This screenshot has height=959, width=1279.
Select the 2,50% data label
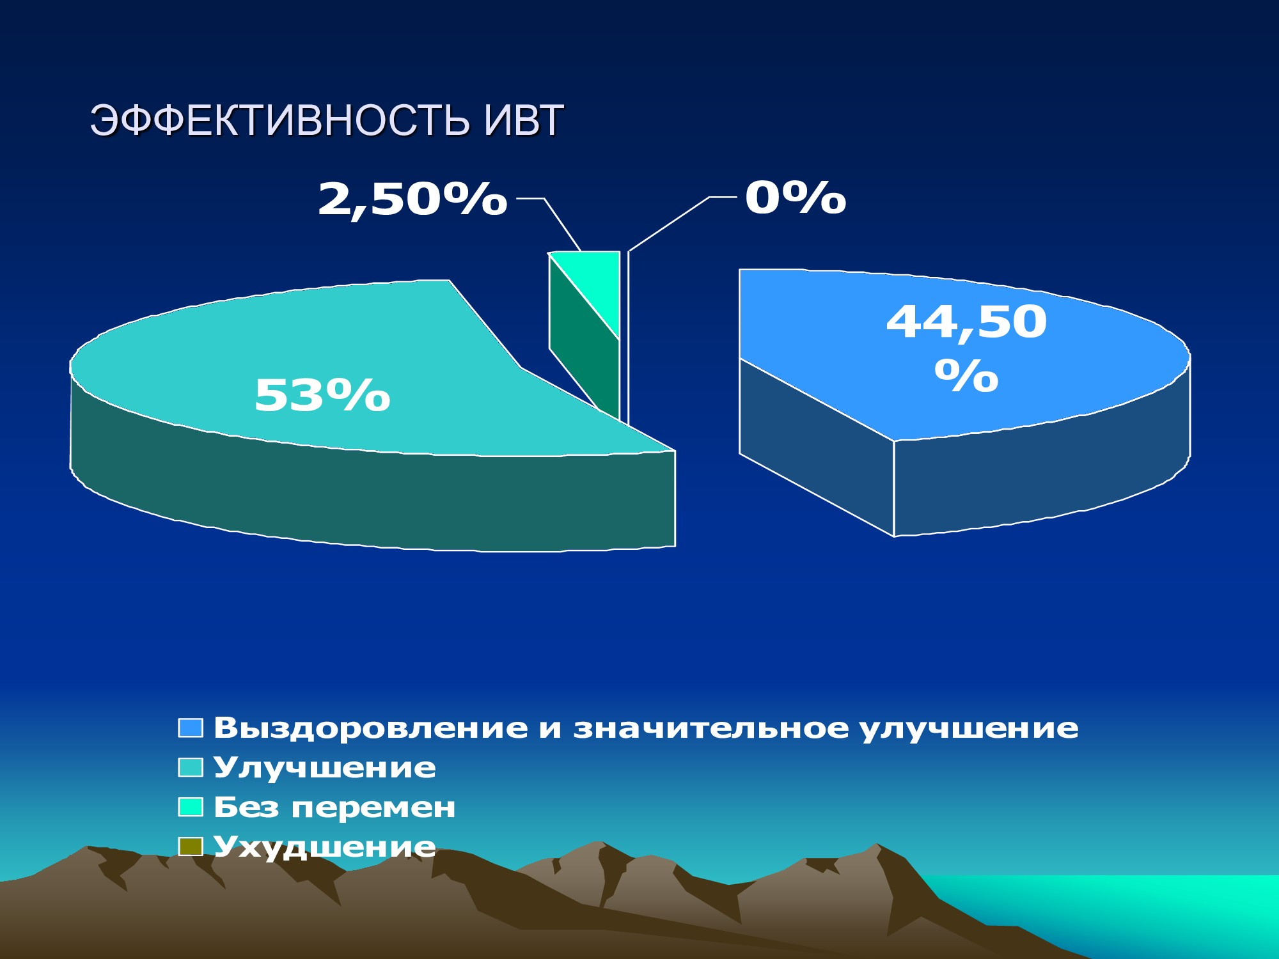coord(412,199)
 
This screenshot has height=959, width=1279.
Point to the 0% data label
coord(796,198)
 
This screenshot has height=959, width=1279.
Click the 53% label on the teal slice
coord(322,395)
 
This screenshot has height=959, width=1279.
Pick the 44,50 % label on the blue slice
coord(966,348)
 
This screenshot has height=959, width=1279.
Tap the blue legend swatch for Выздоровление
coord(191,728)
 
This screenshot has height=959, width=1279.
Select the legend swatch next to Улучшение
coord(191,767)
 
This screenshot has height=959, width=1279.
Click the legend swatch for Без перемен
coord(191,807)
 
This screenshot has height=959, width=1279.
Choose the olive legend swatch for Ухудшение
coord(191,846)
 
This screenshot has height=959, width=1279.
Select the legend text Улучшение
coord(325,768)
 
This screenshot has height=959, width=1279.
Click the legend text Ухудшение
coord(325,847)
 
